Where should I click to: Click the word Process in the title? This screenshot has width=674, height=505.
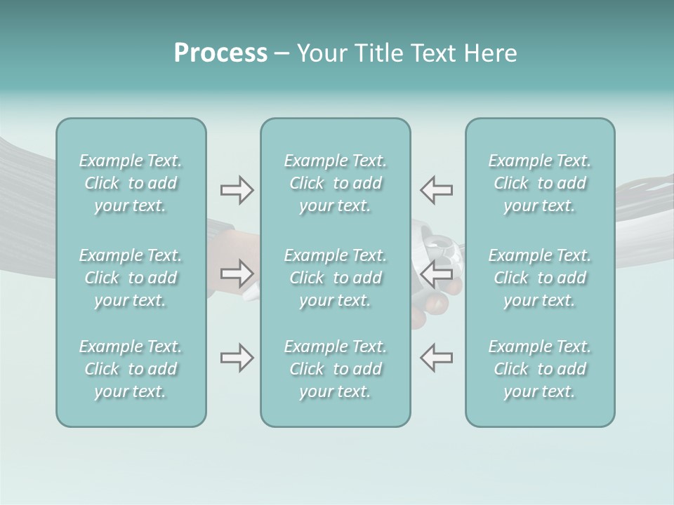[x=220, y=53]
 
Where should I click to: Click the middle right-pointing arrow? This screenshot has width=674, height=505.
[x=237, y=274]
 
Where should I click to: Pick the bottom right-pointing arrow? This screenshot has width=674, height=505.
[x=237, y=358]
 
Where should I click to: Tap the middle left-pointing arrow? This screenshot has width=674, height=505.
[x=436, y=274]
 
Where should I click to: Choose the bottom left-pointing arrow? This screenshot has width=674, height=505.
[x=436, y=358]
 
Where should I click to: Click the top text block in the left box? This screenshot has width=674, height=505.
[x=131, y=183]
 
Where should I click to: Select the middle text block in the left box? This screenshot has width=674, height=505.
[x=131, y=278]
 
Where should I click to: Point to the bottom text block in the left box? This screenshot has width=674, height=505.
[x=131, y=369]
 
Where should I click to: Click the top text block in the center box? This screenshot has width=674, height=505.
[x=336, y=183]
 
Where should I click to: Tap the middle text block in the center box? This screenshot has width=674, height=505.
[x=336, y=278]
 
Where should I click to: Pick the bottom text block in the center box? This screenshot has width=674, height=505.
[x=336, y=369]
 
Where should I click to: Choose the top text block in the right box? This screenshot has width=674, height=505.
[x=540, y=183]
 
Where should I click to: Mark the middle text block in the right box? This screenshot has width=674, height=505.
[x=540, y=278]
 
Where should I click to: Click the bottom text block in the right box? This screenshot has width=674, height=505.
[x=540, y=369]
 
